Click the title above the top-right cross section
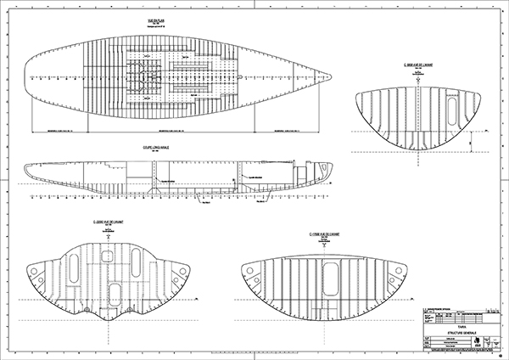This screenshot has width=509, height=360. pos(419,65)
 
